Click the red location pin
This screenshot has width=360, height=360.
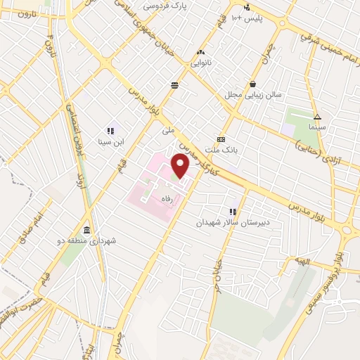coord(180,166)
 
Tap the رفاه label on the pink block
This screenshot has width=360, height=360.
coord(168,199)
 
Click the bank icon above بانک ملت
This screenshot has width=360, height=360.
coord(221,139)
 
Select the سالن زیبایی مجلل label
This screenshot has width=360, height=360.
coord(253,94)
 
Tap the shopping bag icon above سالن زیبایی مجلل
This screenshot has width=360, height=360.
coord(252,83)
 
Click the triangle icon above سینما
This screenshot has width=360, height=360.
coord(317,117)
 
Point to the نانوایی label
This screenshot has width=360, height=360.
coord(199,62)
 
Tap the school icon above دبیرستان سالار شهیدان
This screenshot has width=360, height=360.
coord(232,211)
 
